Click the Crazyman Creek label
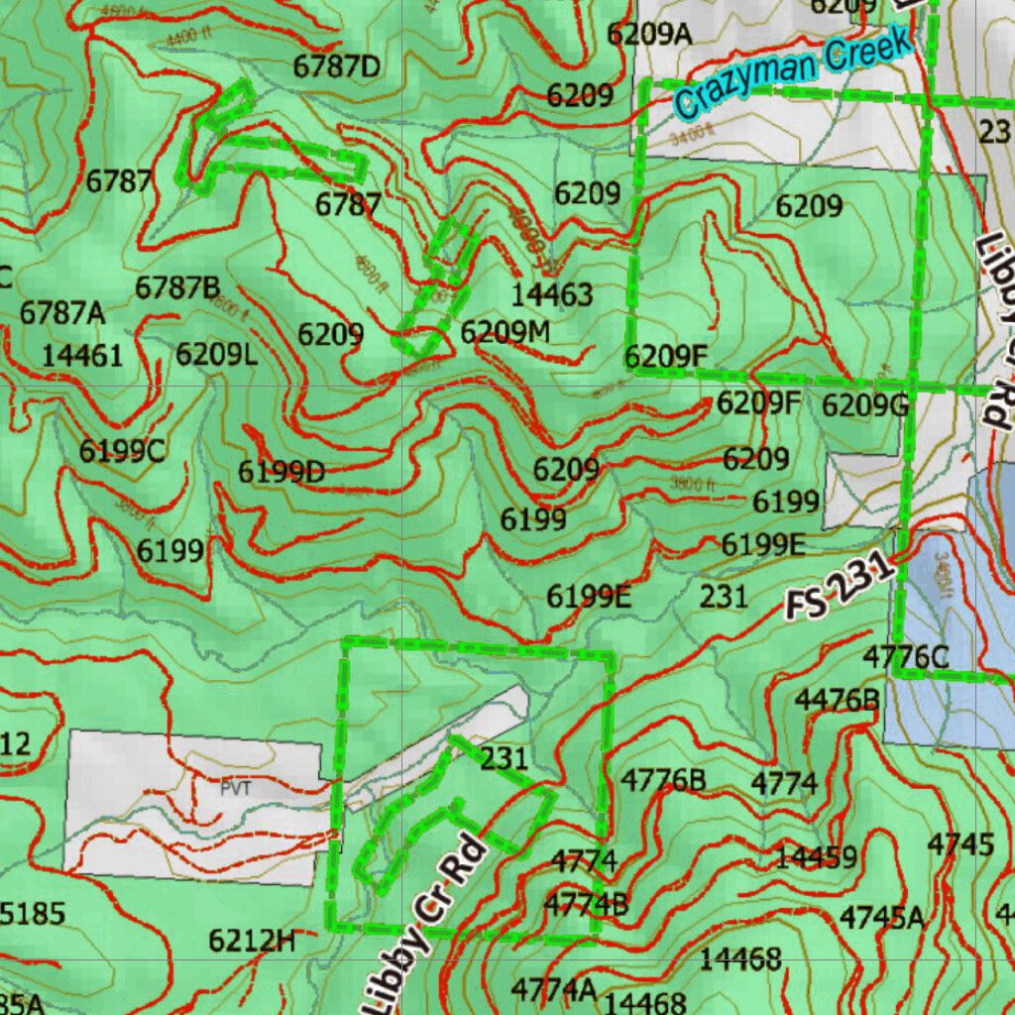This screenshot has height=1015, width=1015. [793, 73]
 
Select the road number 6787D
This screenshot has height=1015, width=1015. [337, 67]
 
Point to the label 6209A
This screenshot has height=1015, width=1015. [649, 34]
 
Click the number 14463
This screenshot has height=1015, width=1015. [552, 294]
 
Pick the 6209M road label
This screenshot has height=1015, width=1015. [506, 332]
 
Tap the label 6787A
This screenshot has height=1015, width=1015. [62, 312]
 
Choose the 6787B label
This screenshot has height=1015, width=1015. [178, 288]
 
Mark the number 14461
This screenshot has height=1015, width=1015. [82, 355]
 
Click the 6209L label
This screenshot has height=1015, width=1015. [217, 354]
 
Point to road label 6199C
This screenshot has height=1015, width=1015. [123, 451]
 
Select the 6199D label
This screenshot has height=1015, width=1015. [282, 472]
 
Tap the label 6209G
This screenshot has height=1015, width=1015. [865, 405]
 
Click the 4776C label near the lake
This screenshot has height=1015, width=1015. [906, 656]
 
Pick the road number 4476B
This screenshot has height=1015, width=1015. [837, 700]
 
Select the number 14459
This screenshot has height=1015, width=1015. [816, 856]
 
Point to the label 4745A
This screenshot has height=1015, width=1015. [881, 918]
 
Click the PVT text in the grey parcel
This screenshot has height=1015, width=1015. [237, 790]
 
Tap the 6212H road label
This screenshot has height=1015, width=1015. [252, 940]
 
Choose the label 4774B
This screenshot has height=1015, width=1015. [586, 904]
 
